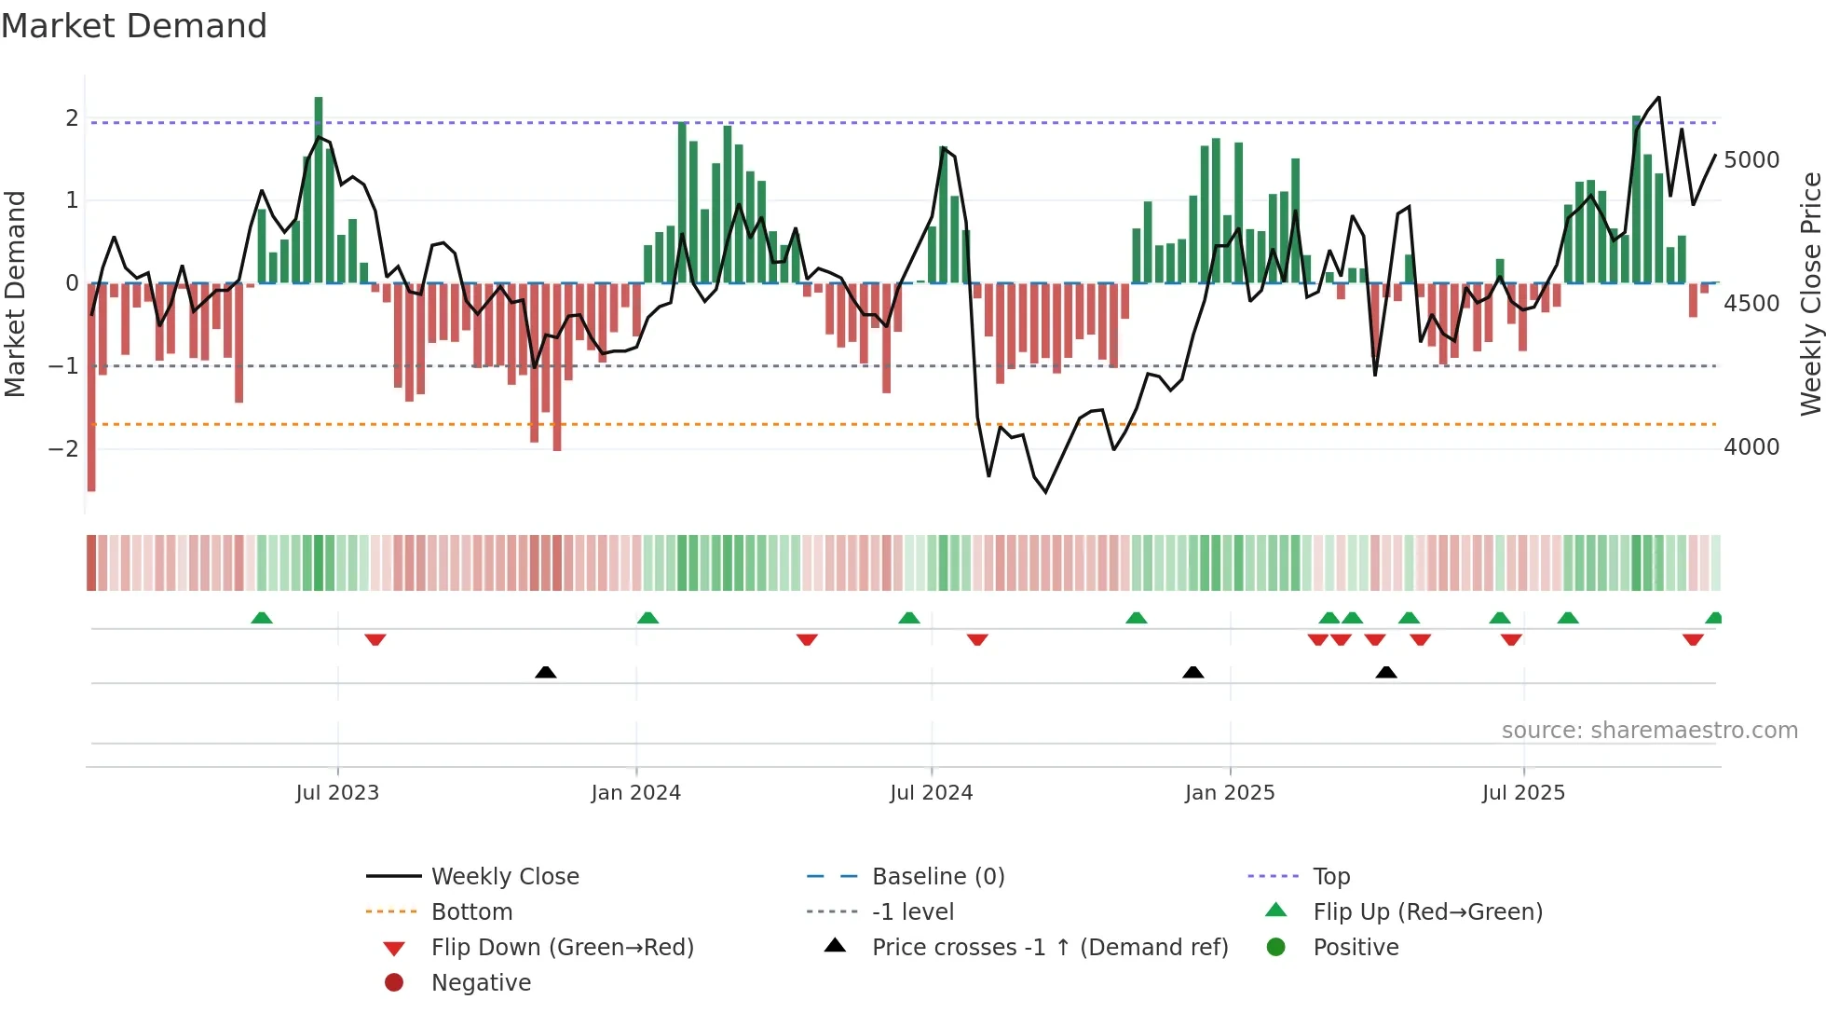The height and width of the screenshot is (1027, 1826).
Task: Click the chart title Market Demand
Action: click(134, 26)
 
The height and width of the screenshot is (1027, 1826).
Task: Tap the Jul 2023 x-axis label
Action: click(337, 793)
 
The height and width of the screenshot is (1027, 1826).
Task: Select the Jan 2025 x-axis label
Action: click(1230, 793)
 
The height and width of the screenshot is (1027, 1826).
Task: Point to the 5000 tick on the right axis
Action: click(1751, 160)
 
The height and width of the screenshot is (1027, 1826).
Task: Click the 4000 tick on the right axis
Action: click(1751, 447)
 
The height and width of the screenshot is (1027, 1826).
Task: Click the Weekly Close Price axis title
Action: click(1810, 294)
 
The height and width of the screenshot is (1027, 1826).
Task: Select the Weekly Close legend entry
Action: click(505, 877)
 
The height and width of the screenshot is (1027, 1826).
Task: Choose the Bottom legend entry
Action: click(471, 912)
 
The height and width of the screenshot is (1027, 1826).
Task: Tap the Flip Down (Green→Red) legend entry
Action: click(562, 948)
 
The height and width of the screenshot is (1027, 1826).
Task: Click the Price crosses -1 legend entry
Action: click(1050, 948)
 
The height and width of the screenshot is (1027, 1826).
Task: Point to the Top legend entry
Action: click(1331, 877)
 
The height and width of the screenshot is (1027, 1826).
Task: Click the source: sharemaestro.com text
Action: click(1649, 731)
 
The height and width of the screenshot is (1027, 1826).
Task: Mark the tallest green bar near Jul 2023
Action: click(319, 186)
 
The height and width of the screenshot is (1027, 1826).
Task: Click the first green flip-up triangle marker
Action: click(262, 618)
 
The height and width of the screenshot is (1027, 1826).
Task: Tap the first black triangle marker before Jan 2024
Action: click(546, 672)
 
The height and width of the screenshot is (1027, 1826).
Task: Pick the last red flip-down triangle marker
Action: click(1693, 639)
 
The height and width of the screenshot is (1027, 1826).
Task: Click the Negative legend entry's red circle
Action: click(394, 983)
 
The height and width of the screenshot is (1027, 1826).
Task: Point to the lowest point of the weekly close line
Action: click(1045, 491)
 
